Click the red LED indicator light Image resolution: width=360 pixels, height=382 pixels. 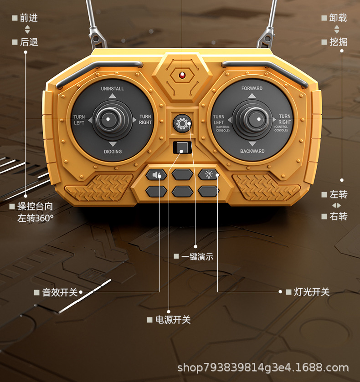pyautogui.click(x=182, y=75)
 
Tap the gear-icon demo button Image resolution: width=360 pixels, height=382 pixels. pyautogui.click(x=182, y=123)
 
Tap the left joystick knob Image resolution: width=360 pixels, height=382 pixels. pyautogui.click(x=109, y=120)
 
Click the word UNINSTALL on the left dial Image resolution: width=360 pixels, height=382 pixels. pyautogui.click(x=112, y=89)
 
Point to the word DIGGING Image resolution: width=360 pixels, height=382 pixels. pyautogui.click(x=113, y=152)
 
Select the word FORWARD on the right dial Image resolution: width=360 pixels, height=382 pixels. pyautogui.click(x=252, y=88)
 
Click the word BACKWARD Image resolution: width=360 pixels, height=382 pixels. pyautogui.click(x=252, y=151)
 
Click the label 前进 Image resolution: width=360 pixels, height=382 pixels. pyautogui.click(x=29, y=18)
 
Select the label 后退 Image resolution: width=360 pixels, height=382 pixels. pyautogui.click(x=29, y=42)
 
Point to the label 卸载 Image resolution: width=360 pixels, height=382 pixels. pyautogui.click(x=338, y=18)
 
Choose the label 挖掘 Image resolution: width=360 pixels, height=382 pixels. pyautogui.click(x=338, y=42)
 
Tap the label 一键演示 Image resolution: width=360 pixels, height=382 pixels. pyautogui.click(x=197, y=256)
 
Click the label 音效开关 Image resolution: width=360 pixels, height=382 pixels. pyautogui.click(x=60, y=292)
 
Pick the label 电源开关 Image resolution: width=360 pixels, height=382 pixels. pyautogui.click(x=173, y=320)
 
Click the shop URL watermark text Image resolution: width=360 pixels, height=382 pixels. pyautogui.click(x=263, y=367)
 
